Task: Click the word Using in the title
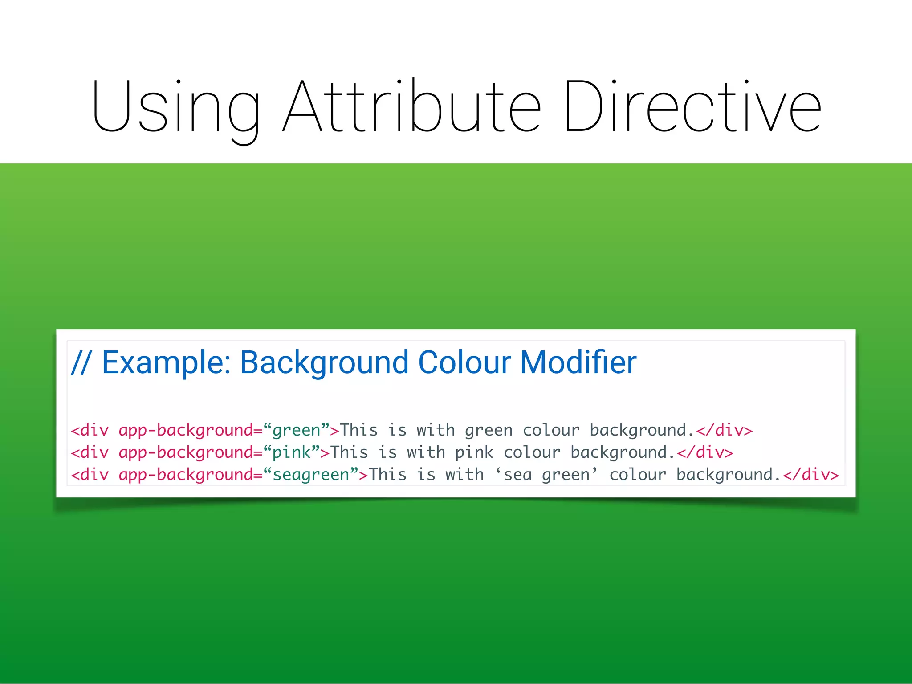click(x=175, y=107)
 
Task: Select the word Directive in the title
click(x=692, y=107)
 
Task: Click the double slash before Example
click(x=81, y=362)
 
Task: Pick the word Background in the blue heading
click(x=324, y=362)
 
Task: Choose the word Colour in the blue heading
click(x=464, y=362)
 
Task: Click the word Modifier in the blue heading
click(x=578, y=362)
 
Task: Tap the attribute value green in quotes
click(x=296, y=431)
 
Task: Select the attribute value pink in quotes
click(x=291, y=453)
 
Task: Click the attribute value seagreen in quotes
click(x=311, y=475)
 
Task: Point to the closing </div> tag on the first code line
click(x=724, y=431)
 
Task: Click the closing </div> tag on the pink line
click(x=705, y=453)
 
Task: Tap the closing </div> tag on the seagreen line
click(x=810, y=475)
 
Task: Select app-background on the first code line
click(x=186, y=431)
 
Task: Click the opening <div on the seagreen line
click(x=90, y=475)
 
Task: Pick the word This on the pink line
click(x=349, y=453)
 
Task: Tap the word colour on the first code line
click(x=551, y=431)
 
